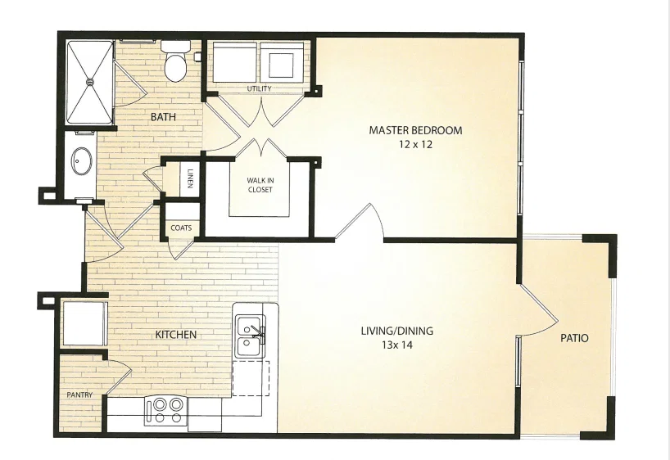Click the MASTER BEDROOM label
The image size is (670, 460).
point(415,130)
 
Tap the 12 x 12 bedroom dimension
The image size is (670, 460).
point(415,144)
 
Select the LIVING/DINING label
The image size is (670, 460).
point(397,331)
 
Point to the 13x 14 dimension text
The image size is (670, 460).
point(397,345)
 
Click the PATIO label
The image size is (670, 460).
point(574,338)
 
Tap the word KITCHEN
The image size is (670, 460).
point(175,335)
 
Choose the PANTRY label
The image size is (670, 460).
point(79,395)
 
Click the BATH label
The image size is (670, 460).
point(163,116)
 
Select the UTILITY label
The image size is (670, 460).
point(260,88)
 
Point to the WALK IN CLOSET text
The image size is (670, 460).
point(260,185)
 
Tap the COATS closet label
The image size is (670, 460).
point(181,228)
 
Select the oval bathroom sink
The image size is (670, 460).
point(81,161)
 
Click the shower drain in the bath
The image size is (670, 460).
point(90,81)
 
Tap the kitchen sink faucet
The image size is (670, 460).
point(258,331)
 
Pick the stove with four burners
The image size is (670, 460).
point(165,410)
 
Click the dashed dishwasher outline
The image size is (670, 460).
point(251,378)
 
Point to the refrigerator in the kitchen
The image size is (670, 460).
point(84,322)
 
